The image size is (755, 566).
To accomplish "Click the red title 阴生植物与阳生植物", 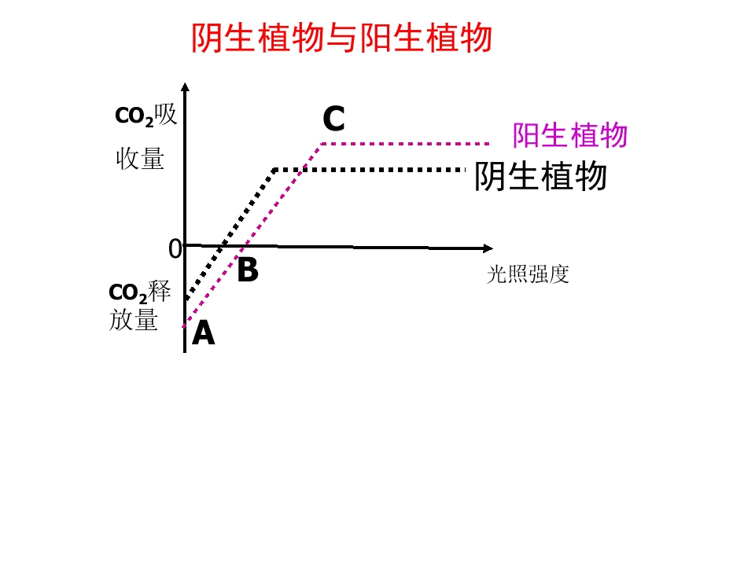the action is tap(342, 38).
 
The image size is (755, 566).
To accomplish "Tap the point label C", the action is tap(333, 119).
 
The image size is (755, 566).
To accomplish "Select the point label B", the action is tap(248, 270).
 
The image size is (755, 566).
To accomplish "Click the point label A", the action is tap(203, 333).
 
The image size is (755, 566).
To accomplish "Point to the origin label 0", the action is tap(175, 249).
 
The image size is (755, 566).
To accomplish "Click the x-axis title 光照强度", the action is tap(528, 274).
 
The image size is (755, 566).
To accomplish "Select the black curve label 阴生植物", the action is tap(540, 176).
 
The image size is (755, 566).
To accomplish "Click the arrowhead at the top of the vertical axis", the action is tap(185, 86).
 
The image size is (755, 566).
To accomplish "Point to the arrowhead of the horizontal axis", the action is tap(488, 248).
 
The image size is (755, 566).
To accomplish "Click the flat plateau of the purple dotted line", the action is tap(406, 143).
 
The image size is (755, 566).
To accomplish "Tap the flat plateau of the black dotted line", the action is tap(370, 170).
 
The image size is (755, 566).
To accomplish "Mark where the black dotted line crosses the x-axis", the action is tap(220, 246).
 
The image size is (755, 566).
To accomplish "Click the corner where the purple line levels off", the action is tap(321, 144).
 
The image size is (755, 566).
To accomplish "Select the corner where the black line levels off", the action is tap(274, 170).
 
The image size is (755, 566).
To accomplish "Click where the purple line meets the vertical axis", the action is tap(185, 326).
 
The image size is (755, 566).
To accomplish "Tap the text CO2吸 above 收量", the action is tap(146, 116).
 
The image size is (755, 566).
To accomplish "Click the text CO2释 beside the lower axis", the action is tap(140, 292).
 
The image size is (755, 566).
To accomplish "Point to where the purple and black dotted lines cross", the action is tap(302, 170).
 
